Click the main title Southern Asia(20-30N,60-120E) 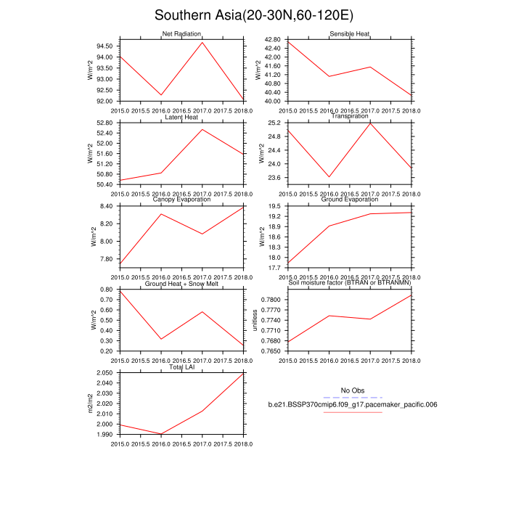[254, 16]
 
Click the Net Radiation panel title [181, 34]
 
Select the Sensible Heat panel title [350, 34]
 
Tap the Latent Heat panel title [181, 117]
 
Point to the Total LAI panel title [181, 367]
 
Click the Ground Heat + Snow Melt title [181, 284]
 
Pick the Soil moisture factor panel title [350, 284]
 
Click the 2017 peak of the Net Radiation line [202, 42]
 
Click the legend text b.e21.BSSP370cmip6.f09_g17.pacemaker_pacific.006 [352, 405]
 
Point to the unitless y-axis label [255, 320]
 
